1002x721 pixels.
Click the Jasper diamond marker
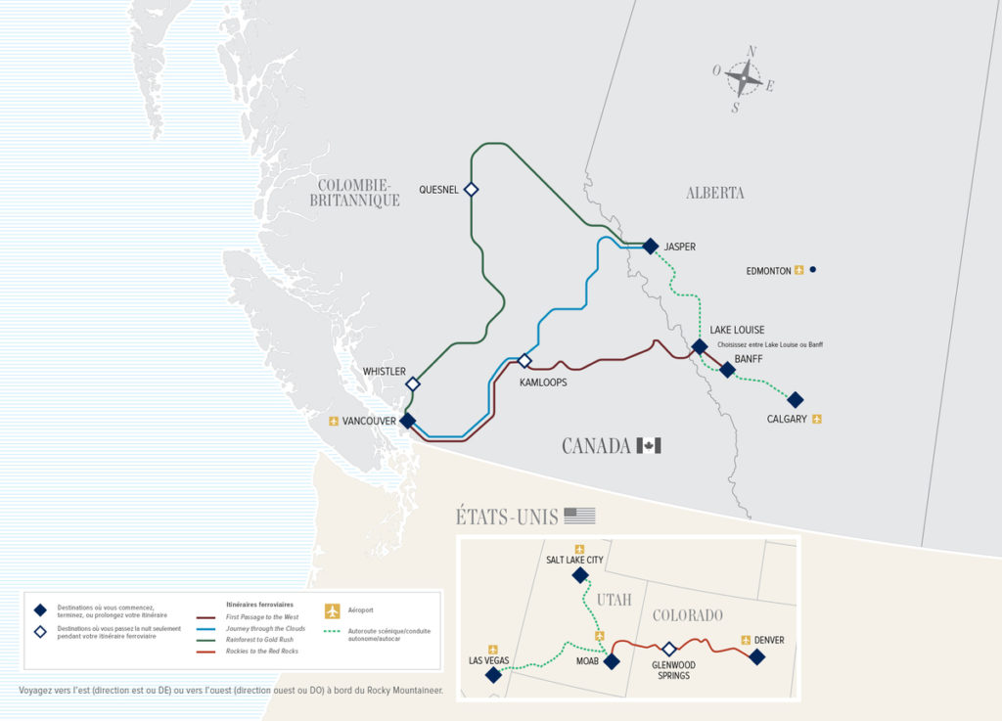tap(650, 247)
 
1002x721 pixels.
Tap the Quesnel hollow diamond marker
tap(471, 189)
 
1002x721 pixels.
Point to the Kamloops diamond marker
tap(524, 361)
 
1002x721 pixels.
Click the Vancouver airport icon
tap(334, 422)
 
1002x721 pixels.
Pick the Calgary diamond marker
tap(796, 400)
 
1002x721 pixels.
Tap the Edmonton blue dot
tap(812, 270)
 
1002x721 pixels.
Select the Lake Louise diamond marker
tap(700, 346)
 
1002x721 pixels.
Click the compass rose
tap(745, 77)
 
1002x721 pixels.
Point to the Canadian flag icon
tap(649, 446)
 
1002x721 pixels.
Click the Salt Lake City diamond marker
tap(579, 575)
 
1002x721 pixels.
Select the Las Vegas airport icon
tap(493, 648)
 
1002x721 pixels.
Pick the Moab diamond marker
tap(612, 661)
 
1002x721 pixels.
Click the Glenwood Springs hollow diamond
tap(669, 649)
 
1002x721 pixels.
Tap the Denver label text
tap(769, 641)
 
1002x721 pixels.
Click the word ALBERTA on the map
tap(715, 193)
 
